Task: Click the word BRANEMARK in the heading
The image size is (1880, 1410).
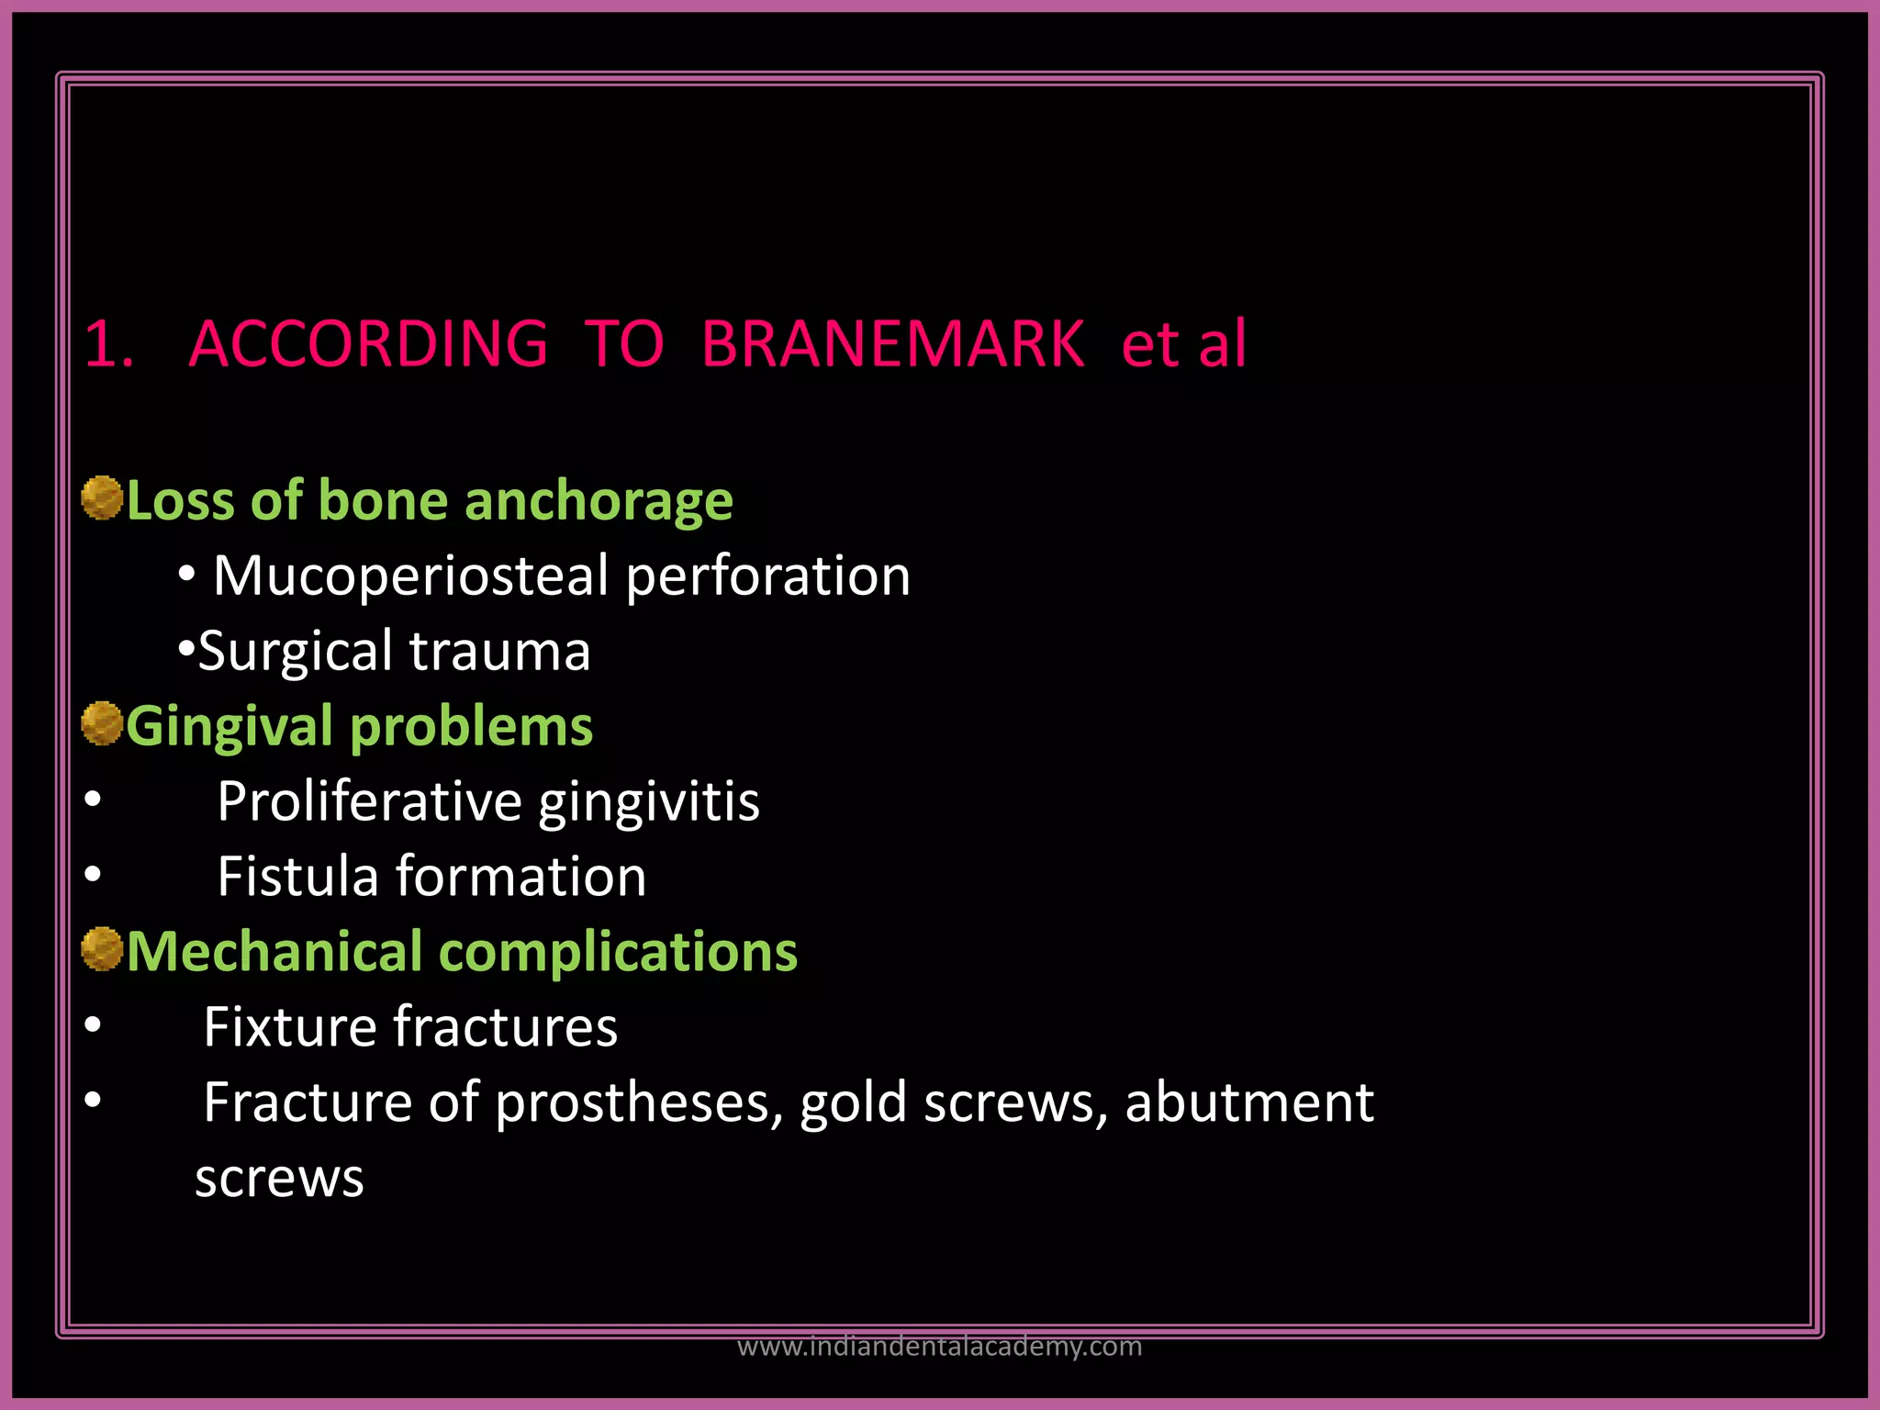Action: (x=892, y=344)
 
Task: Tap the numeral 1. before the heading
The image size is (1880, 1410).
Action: (x=109, y=344)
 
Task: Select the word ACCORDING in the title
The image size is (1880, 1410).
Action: (x=368, y=344)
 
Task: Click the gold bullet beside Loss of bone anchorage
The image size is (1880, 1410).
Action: (x=102, y=498)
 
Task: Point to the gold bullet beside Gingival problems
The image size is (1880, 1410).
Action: (x=102, y=723)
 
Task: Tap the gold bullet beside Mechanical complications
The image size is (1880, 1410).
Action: (x=102, y=949)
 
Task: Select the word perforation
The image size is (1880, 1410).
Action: (x=767, y=577)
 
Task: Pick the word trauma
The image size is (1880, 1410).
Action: (x=499, y=652)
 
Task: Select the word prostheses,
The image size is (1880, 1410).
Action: (x=639, y=1103)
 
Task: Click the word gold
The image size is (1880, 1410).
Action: (x=853, y=1102)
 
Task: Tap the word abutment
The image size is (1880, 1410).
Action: (x=1249, y=1102)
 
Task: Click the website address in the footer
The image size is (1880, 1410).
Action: (x=939, y=1347)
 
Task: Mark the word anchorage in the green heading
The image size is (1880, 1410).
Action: (x=599, y=502)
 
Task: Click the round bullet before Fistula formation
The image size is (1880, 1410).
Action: (x=93, y=876)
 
